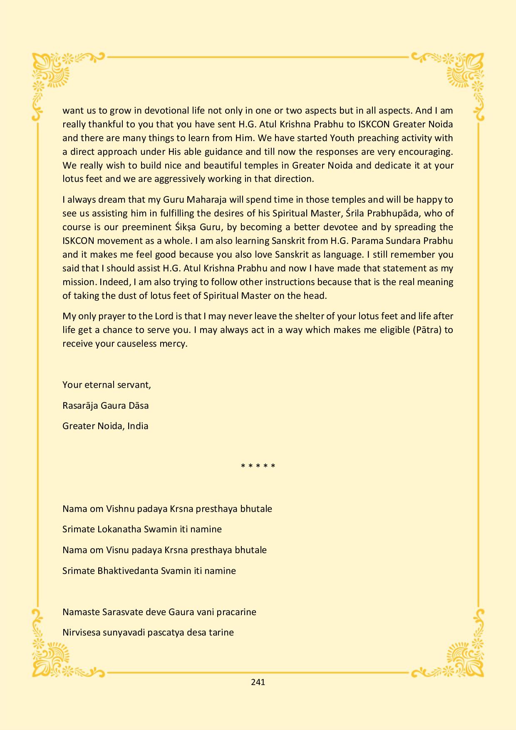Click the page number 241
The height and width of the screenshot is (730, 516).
258,682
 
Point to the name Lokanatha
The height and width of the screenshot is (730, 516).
119,529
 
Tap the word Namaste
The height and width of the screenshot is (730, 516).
81,612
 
